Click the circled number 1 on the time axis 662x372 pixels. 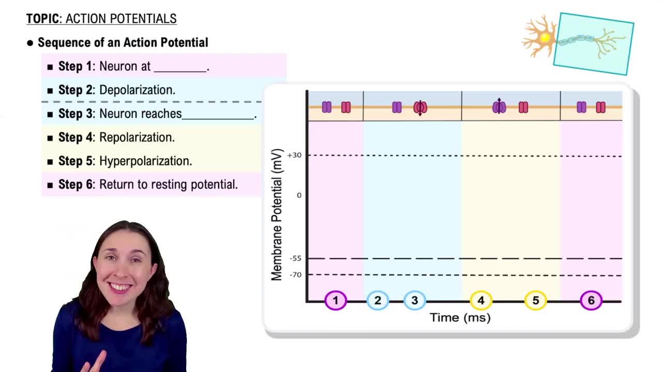click(x=335, y=300)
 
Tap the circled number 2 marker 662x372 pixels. click(x=378, y=300)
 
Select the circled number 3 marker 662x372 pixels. click(x=414, y=300)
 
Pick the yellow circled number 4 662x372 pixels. click(x=480, y=300)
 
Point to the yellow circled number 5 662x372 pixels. click(x=535, y=300)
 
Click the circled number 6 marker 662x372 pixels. click(x=591, y=300)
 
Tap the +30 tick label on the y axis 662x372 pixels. click(x=294, y=155)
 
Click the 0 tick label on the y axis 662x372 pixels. click(x=299, y=195)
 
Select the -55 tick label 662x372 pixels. click(x=295, y=258)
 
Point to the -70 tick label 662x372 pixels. click(x=295, y=275)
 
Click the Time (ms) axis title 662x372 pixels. click(x=460, y=318)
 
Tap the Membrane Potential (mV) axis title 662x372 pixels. click(x=277, y=214)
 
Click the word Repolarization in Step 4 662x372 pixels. click(x=137, y=137)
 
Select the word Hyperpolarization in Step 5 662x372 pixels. click(x=145, y=161)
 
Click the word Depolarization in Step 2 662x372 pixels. click(x=137, y=90)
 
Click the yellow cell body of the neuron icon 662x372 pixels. click(x=544, y=37)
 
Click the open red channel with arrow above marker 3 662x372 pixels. click(x=420, y=107)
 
